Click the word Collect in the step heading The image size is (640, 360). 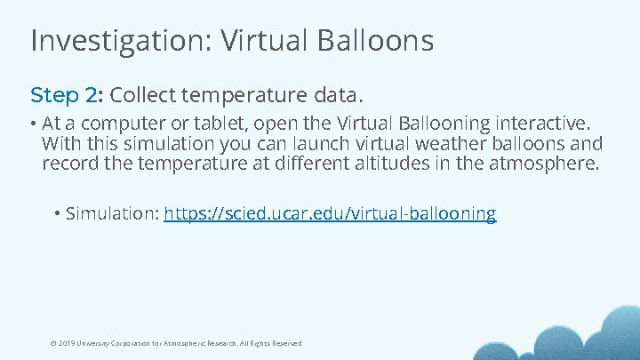[141, 94]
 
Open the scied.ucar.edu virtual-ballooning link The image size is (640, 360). [330, 214]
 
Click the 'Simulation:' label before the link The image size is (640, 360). [112, 214]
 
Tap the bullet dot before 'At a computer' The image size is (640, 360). [33, 123]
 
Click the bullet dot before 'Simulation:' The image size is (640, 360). [57, 214]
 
